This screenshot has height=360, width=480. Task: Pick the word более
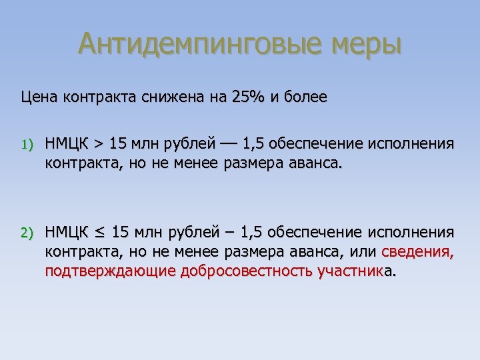pos(304,97)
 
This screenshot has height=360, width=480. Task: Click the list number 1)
pos(26,144)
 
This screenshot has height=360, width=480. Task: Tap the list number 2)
pos(26,233)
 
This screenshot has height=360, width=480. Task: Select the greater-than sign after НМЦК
pos(98,143)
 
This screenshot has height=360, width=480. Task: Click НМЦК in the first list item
pos(66,143)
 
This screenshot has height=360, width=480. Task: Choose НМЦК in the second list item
pos(66,232)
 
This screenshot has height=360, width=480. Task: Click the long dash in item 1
pos(227,143)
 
